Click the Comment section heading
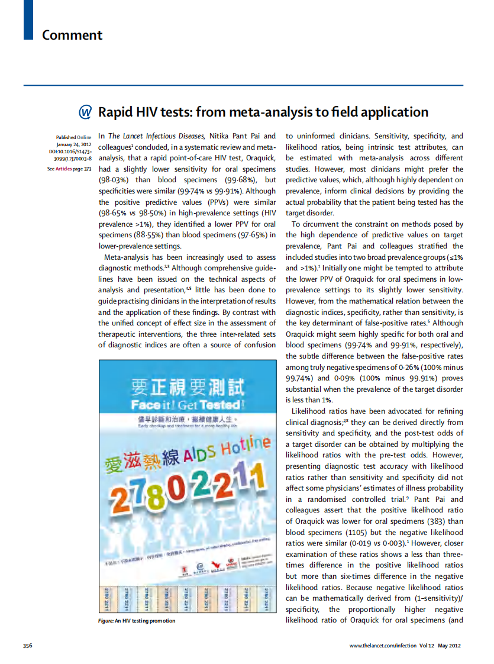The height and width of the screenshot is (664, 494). pos(72,35)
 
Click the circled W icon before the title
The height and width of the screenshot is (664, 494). pos(86,112)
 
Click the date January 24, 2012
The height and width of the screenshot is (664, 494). pos(73,144)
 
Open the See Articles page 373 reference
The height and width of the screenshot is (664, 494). pos(69,169)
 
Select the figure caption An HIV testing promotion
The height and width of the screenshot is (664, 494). pos(136,621)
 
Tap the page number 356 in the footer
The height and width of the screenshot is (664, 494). pos(27,646)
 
